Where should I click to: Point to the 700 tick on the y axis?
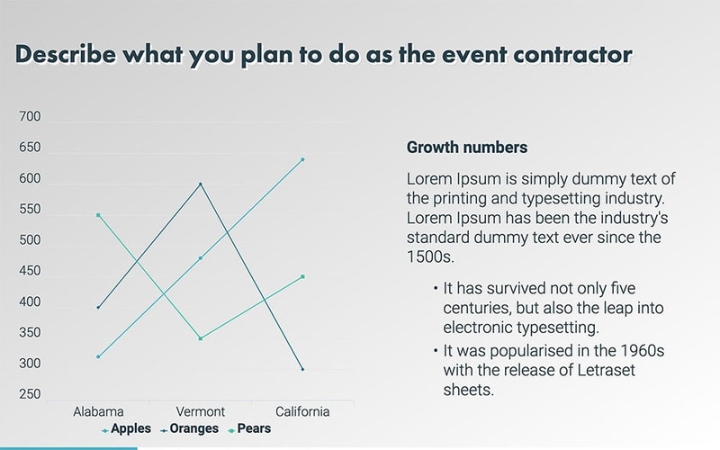(30, 117)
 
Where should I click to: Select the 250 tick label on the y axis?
(30, 394)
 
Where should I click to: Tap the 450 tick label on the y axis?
(30, 271)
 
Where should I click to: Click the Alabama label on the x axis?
(98, 411)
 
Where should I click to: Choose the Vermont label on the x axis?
(200, 411)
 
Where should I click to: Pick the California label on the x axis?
(302, 411)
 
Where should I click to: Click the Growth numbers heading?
(467, 147)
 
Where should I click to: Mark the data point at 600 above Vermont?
(200, 184)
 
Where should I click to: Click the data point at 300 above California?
(302, 369)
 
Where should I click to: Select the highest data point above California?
(302, 159)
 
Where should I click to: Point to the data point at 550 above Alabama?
(98, 215)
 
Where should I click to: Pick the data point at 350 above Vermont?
(200, 338)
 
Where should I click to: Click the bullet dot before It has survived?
(434, 289)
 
